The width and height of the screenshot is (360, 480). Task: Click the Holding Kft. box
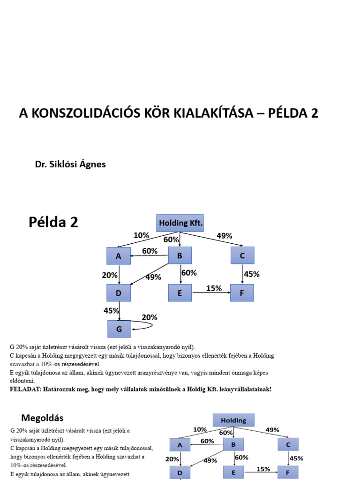coord(180,223)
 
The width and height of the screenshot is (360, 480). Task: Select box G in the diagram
coord(119,329)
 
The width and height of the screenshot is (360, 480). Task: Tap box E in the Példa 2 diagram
coord(180,292)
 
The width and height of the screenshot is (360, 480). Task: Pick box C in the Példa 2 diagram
coord(242,255)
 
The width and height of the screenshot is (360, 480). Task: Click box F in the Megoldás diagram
coord(287,472)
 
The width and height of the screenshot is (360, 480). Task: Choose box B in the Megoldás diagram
coord(234,444)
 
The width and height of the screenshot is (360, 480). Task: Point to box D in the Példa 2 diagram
coord(119,292)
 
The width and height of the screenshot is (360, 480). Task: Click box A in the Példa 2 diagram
coord(119,256)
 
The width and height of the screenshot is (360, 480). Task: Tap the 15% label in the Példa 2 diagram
coord(214,288)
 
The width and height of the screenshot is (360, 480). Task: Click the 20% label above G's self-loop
coord(150,317)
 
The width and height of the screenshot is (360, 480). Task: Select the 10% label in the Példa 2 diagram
coord(141,235)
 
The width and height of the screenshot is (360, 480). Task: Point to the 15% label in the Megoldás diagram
coord(263,469)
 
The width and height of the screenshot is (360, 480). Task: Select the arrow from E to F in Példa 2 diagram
coord(211,293)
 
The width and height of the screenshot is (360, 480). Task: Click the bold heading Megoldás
coord(42,417)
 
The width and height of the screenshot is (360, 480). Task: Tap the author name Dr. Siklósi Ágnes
coord(70,165)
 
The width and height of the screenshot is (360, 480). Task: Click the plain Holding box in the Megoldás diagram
coord(233,420)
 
